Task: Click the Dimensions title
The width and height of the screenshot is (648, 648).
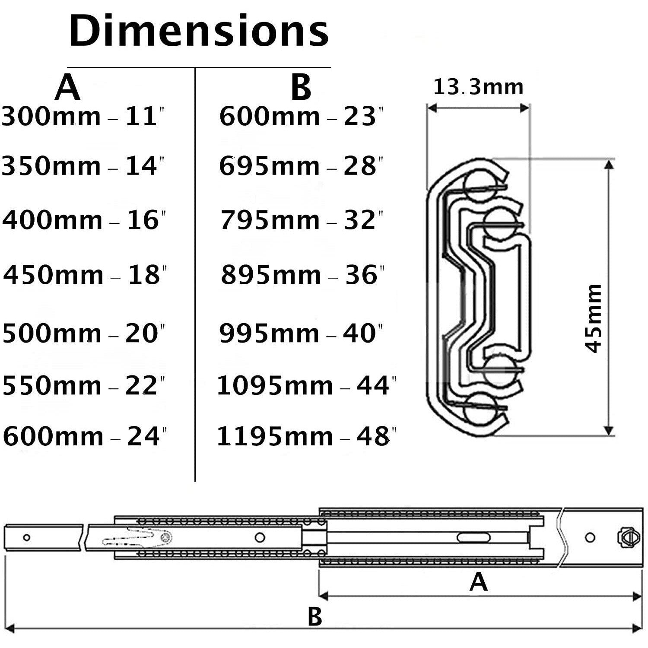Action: click(199, 32)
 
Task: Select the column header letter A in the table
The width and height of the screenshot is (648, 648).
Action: click(67, 87)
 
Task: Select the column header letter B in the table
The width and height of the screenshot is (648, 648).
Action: click(301, 87)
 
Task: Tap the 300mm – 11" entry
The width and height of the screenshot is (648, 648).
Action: click(83, 117)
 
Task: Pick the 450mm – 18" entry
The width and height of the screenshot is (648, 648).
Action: click(85, 274)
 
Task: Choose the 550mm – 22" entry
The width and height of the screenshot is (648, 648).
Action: click(83, 385)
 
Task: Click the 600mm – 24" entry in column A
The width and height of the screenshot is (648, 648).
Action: click(85, 436)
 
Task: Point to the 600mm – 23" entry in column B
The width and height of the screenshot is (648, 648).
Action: click(301, 117)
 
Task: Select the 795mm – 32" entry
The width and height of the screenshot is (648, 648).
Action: click(302, 220)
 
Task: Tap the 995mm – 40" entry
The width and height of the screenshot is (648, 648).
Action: click(301, 334)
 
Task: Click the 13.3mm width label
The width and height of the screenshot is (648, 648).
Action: click(478, 87)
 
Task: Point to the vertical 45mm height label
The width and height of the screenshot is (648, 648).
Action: click(593, 318)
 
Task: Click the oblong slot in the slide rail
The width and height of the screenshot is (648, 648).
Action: click(474, 537)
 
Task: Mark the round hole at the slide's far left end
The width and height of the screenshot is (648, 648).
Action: click(26, 538)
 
